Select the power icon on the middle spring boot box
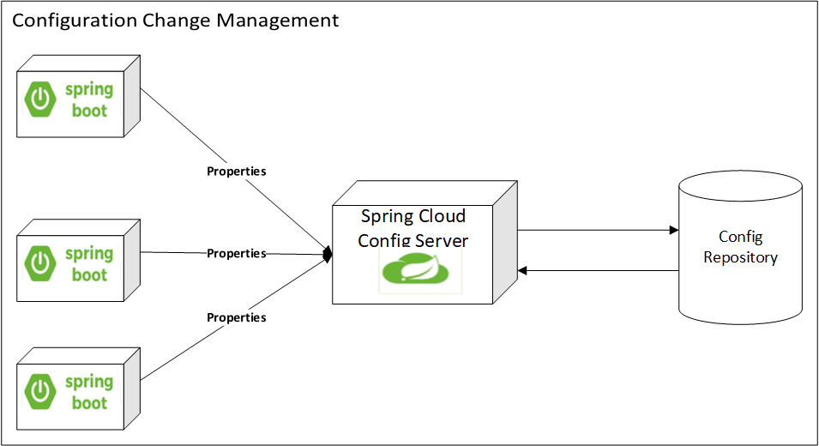[39, 264]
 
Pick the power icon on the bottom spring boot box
[39, 393]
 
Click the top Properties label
[237, 172]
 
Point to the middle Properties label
[237, 254]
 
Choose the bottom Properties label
[237, 318]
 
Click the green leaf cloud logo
[420, 268]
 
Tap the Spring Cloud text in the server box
[413, 216]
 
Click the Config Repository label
[740, 247]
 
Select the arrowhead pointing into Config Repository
[673, 230]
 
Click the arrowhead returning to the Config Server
[522, 271]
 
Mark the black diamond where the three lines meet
[327, 255]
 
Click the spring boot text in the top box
[89, 100]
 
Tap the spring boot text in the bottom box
[89, 393]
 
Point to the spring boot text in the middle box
[89, 264]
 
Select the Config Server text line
[413, 240]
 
